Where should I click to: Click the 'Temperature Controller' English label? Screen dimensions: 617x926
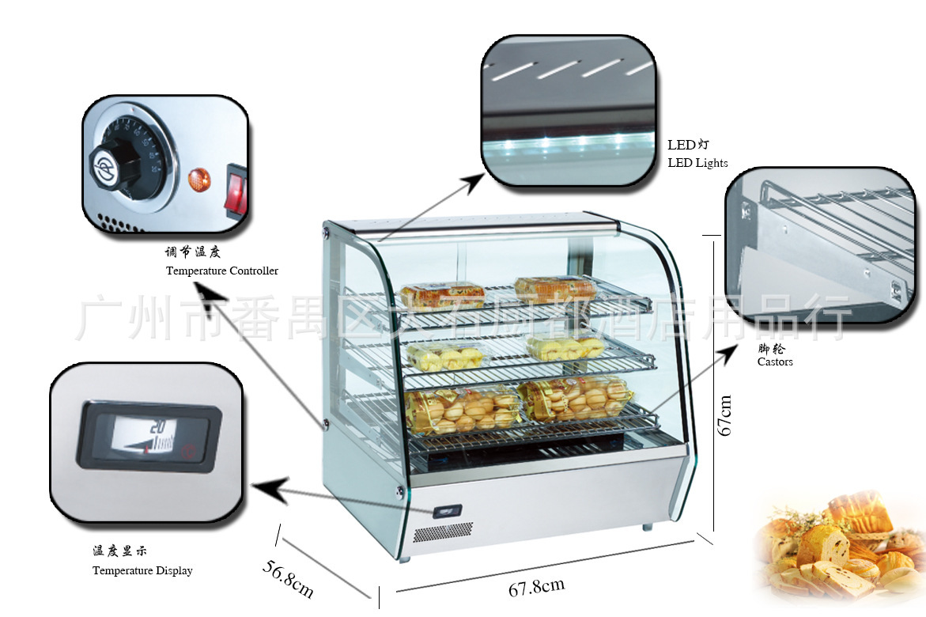[222, 271]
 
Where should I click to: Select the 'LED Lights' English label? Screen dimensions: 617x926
[697, 163]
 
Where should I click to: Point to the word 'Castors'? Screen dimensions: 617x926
[775, 362]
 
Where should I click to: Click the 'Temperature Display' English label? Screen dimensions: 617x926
[142, 570]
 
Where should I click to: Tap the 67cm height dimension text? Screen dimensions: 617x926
[724, 415]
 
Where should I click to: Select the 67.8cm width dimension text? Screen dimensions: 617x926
[536, 587]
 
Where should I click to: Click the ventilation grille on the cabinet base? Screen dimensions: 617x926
[443, 532]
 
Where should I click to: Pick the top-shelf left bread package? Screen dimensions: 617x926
[442, 296]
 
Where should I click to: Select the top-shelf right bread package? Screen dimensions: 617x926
[555, 289]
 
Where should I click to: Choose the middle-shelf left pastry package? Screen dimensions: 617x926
[447, 358]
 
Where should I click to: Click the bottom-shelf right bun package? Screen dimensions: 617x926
[575, 398]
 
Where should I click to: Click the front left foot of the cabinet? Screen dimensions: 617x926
[406, 557]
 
